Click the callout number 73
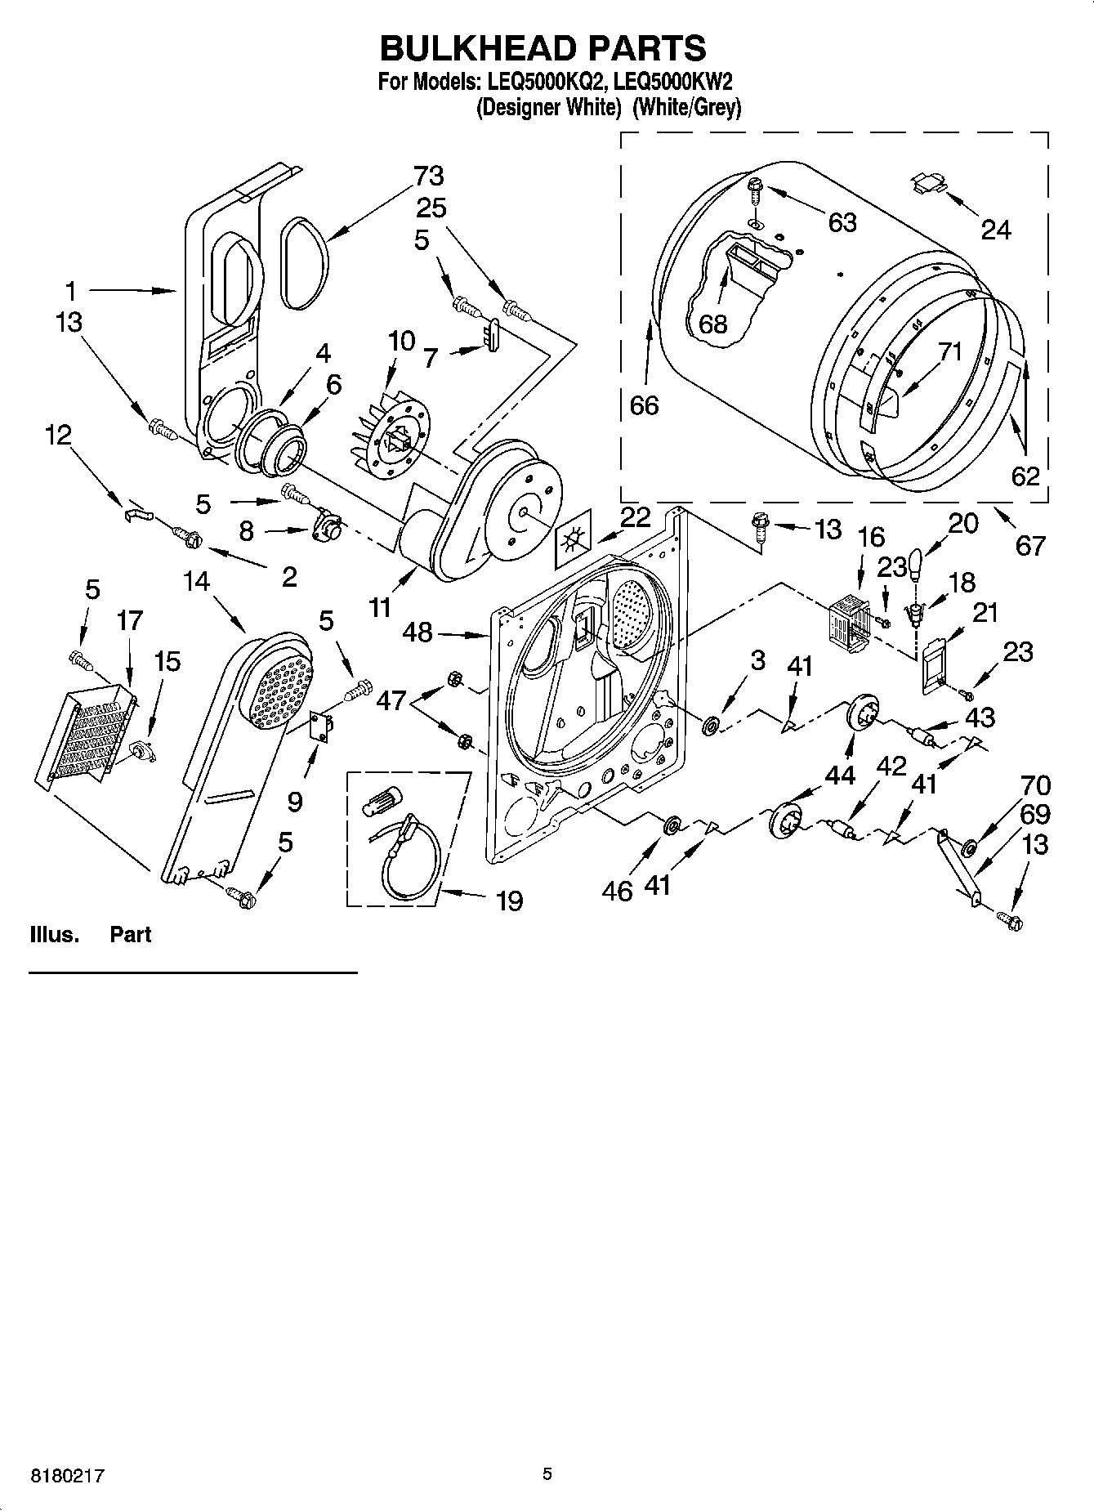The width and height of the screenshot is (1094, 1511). pos(428,176)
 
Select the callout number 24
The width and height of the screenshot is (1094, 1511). pos(995,230)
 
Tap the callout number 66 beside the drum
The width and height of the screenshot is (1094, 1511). pos(644,405)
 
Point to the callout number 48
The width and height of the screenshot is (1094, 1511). pos(418,632)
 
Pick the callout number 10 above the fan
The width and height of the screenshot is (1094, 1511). pos(401,341)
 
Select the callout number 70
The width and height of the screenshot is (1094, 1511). pos(1035,785)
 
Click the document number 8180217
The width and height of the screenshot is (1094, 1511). pos(69,1476)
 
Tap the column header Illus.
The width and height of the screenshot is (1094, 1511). pos(54,934)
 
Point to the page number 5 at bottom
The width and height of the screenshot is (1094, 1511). pos(547,1474)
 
